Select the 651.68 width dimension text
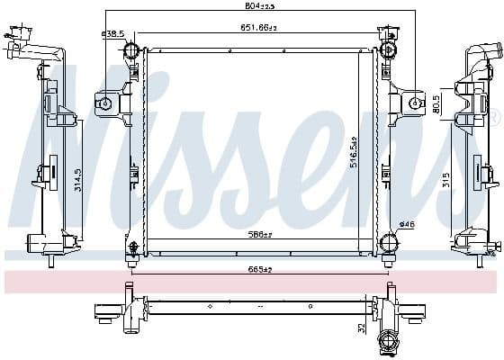tap(257, 28)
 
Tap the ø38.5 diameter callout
tap(112, 34)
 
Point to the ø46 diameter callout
tap(406, 224)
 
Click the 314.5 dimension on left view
tap(78, 180)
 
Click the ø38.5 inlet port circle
tap(130, 49)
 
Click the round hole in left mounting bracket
tap(105, 103)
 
